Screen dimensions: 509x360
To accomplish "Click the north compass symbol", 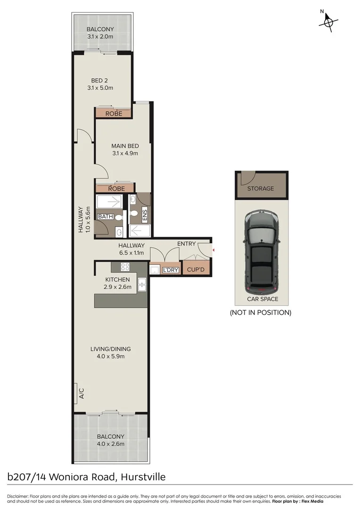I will tap(328, 21).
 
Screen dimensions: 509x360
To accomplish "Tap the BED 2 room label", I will tap(99, 81).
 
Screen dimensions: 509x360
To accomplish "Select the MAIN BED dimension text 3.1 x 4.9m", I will tap(124, 153).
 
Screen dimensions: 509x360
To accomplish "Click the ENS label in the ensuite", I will tap(145, 216).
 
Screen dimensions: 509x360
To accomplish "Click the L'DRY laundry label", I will tap(170, 270).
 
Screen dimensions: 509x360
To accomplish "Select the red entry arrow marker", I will tap(213, 250).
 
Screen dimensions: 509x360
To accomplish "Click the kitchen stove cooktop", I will tap(125, 267).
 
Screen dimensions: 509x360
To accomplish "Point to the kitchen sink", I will tap(142, 284).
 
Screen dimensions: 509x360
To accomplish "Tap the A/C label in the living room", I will tap(81, 393).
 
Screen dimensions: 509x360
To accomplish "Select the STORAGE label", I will tap(261, 189).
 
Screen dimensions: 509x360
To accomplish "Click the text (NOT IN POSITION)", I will tap(260, 312).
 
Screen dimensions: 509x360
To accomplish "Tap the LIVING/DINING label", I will tap(111, 349).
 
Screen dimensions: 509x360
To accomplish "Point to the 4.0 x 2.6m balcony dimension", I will tap(111, 443).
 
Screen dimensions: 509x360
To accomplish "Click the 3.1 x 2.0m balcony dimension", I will tap(100, 36).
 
